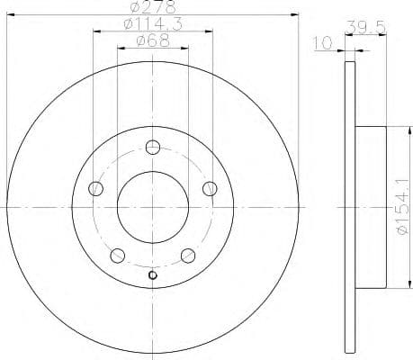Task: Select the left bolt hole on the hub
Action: [x=97, y=188]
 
